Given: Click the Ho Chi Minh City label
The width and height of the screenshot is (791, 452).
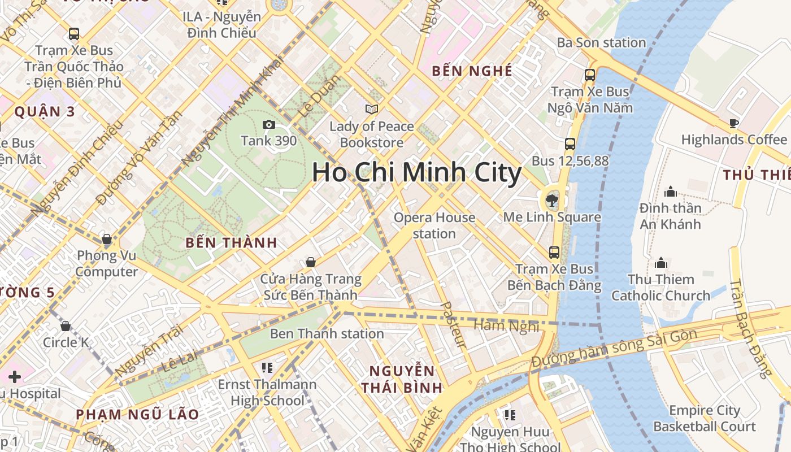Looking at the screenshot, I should [x=416, y=172].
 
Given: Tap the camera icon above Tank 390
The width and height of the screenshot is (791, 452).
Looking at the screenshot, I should [x=268, y=124].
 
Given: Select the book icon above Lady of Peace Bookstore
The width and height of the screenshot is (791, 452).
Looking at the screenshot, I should [x=371, y=109].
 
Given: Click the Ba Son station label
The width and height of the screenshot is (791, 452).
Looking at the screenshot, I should [x=601, y=43].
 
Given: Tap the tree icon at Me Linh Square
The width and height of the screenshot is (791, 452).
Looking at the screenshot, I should [x=551, y=199].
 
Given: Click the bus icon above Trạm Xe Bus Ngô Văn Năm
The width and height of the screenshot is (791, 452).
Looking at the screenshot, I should [x=590, y=75].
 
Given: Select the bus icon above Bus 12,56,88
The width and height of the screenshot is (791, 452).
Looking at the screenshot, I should [x=570, y=144].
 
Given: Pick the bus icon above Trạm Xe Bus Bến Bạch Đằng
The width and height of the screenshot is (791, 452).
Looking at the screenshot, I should [x=554, y=252].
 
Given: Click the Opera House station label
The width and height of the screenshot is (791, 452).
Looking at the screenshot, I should [x=434, y=225].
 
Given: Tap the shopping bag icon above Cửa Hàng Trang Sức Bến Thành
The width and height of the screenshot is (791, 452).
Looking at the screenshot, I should [x=310, y=262].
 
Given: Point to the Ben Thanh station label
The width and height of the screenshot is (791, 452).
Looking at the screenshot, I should [x=327, y=334].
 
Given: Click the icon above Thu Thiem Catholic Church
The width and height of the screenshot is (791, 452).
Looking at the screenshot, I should [x=660, y=263].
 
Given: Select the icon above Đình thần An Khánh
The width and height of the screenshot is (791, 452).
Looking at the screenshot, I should [x=671, y=192].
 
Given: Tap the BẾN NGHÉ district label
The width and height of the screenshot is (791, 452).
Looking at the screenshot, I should [x=472, y=71].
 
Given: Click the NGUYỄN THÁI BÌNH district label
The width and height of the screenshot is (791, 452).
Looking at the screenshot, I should [x=402, y=379].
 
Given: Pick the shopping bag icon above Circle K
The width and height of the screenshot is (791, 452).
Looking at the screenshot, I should [x=66, y=326].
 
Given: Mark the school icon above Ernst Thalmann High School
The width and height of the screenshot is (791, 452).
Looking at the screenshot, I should [x=267, y=368].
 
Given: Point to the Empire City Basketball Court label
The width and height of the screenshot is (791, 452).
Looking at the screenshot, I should [x=704, y=418].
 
